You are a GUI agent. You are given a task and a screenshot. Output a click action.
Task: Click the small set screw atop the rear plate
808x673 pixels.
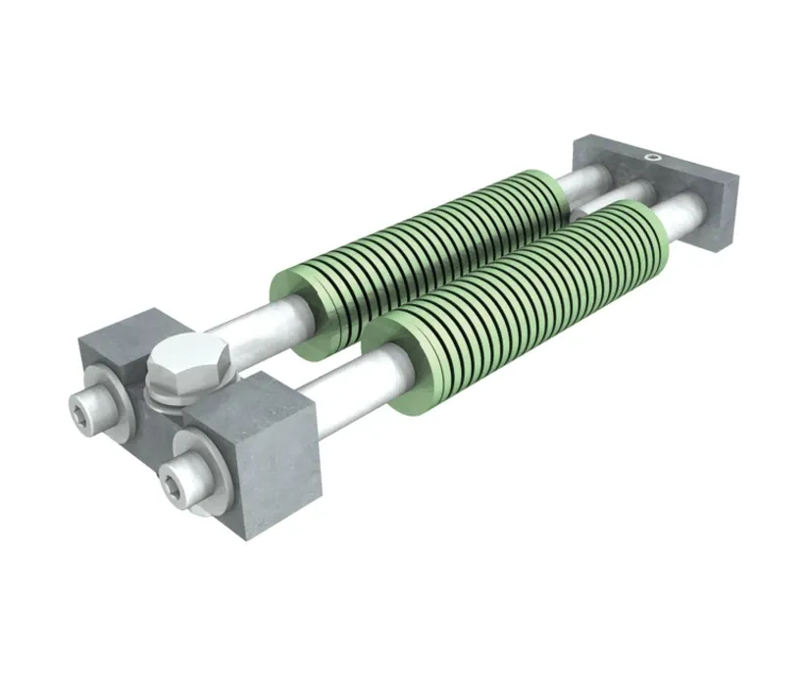coord(651,154)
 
